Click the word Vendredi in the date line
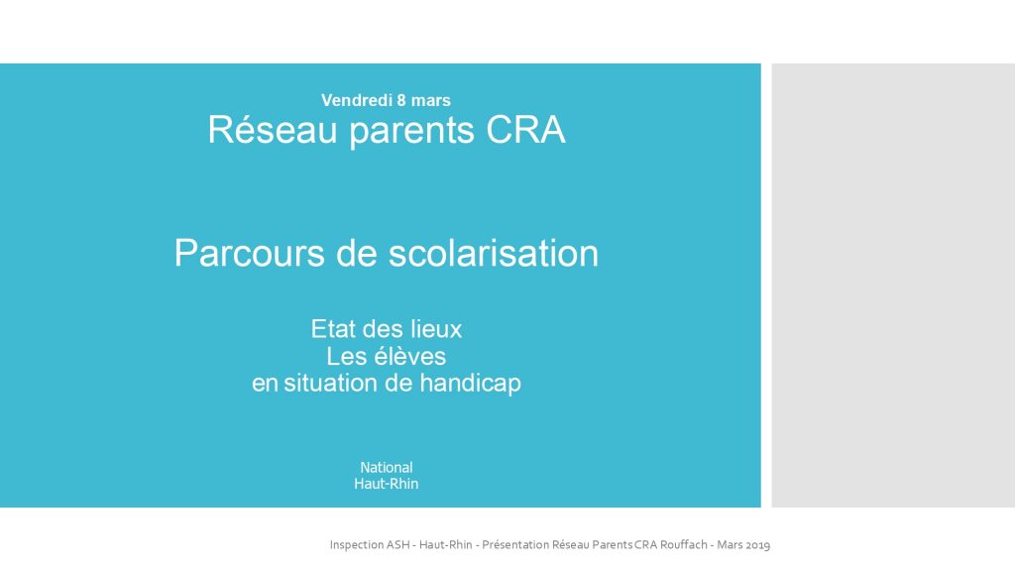click(x=357, y=100)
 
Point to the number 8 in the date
click(x=402, y=100)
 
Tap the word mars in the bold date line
click(x=431, y=100)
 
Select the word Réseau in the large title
click(x=273, y=130)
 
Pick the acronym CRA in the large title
click(x=525, y=130)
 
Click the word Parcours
click(x=249, y=253)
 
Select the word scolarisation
click(x=494, y=253)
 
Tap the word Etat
click(x=333, y=329)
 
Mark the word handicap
click(x=471, y=384)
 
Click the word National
click(x=387, y=468)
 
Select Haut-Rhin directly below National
click(x=387, y=484)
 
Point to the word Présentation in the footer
click(x=515, y=544)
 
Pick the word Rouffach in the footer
click(x=684, y=544)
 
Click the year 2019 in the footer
click(x=757, y=545)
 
